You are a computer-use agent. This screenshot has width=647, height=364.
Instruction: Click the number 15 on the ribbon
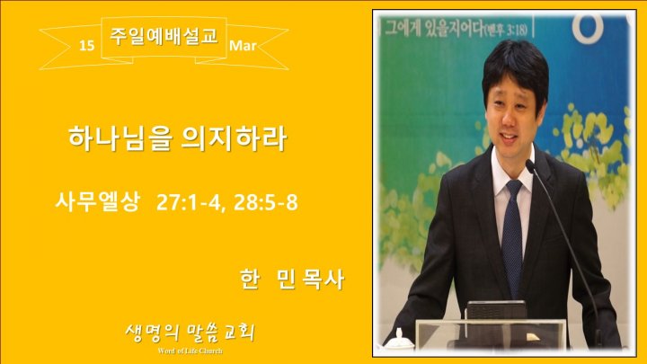[86, 46]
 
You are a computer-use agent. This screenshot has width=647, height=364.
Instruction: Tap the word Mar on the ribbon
[243, 46]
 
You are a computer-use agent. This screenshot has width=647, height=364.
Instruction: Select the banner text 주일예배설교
[164, 36]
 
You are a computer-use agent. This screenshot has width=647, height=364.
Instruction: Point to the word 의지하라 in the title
[234, 138]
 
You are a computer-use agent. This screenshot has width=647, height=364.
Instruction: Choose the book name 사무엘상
[98, 202]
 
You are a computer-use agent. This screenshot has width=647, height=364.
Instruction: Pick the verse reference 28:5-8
[265, 203]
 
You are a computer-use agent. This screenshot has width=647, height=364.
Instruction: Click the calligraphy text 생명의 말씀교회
[190, 333]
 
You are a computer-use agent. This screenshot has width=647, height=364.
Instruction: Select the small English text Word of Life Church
[190, 351]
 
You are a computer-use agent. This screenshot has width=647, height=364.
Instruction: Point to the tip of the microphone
[529, 164]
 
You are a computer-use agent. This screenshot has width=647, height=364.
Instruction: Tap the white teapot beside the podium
[398, 342]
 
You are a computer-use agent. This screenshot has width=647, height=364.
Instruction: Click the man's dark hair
[515, 68]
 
